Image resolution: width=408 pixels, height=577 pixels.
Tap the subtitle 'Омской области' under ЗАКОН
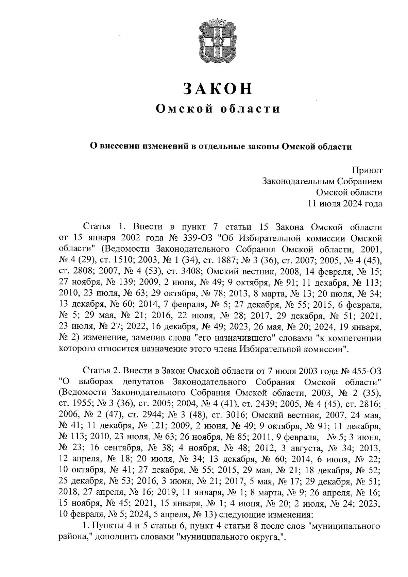pos(218,109)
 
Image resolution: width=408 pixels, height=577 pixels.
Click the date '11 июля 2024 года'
pos(345,204)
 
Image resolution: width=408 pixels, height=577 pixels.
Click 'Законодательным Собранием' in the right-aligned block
pos(322,181)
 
